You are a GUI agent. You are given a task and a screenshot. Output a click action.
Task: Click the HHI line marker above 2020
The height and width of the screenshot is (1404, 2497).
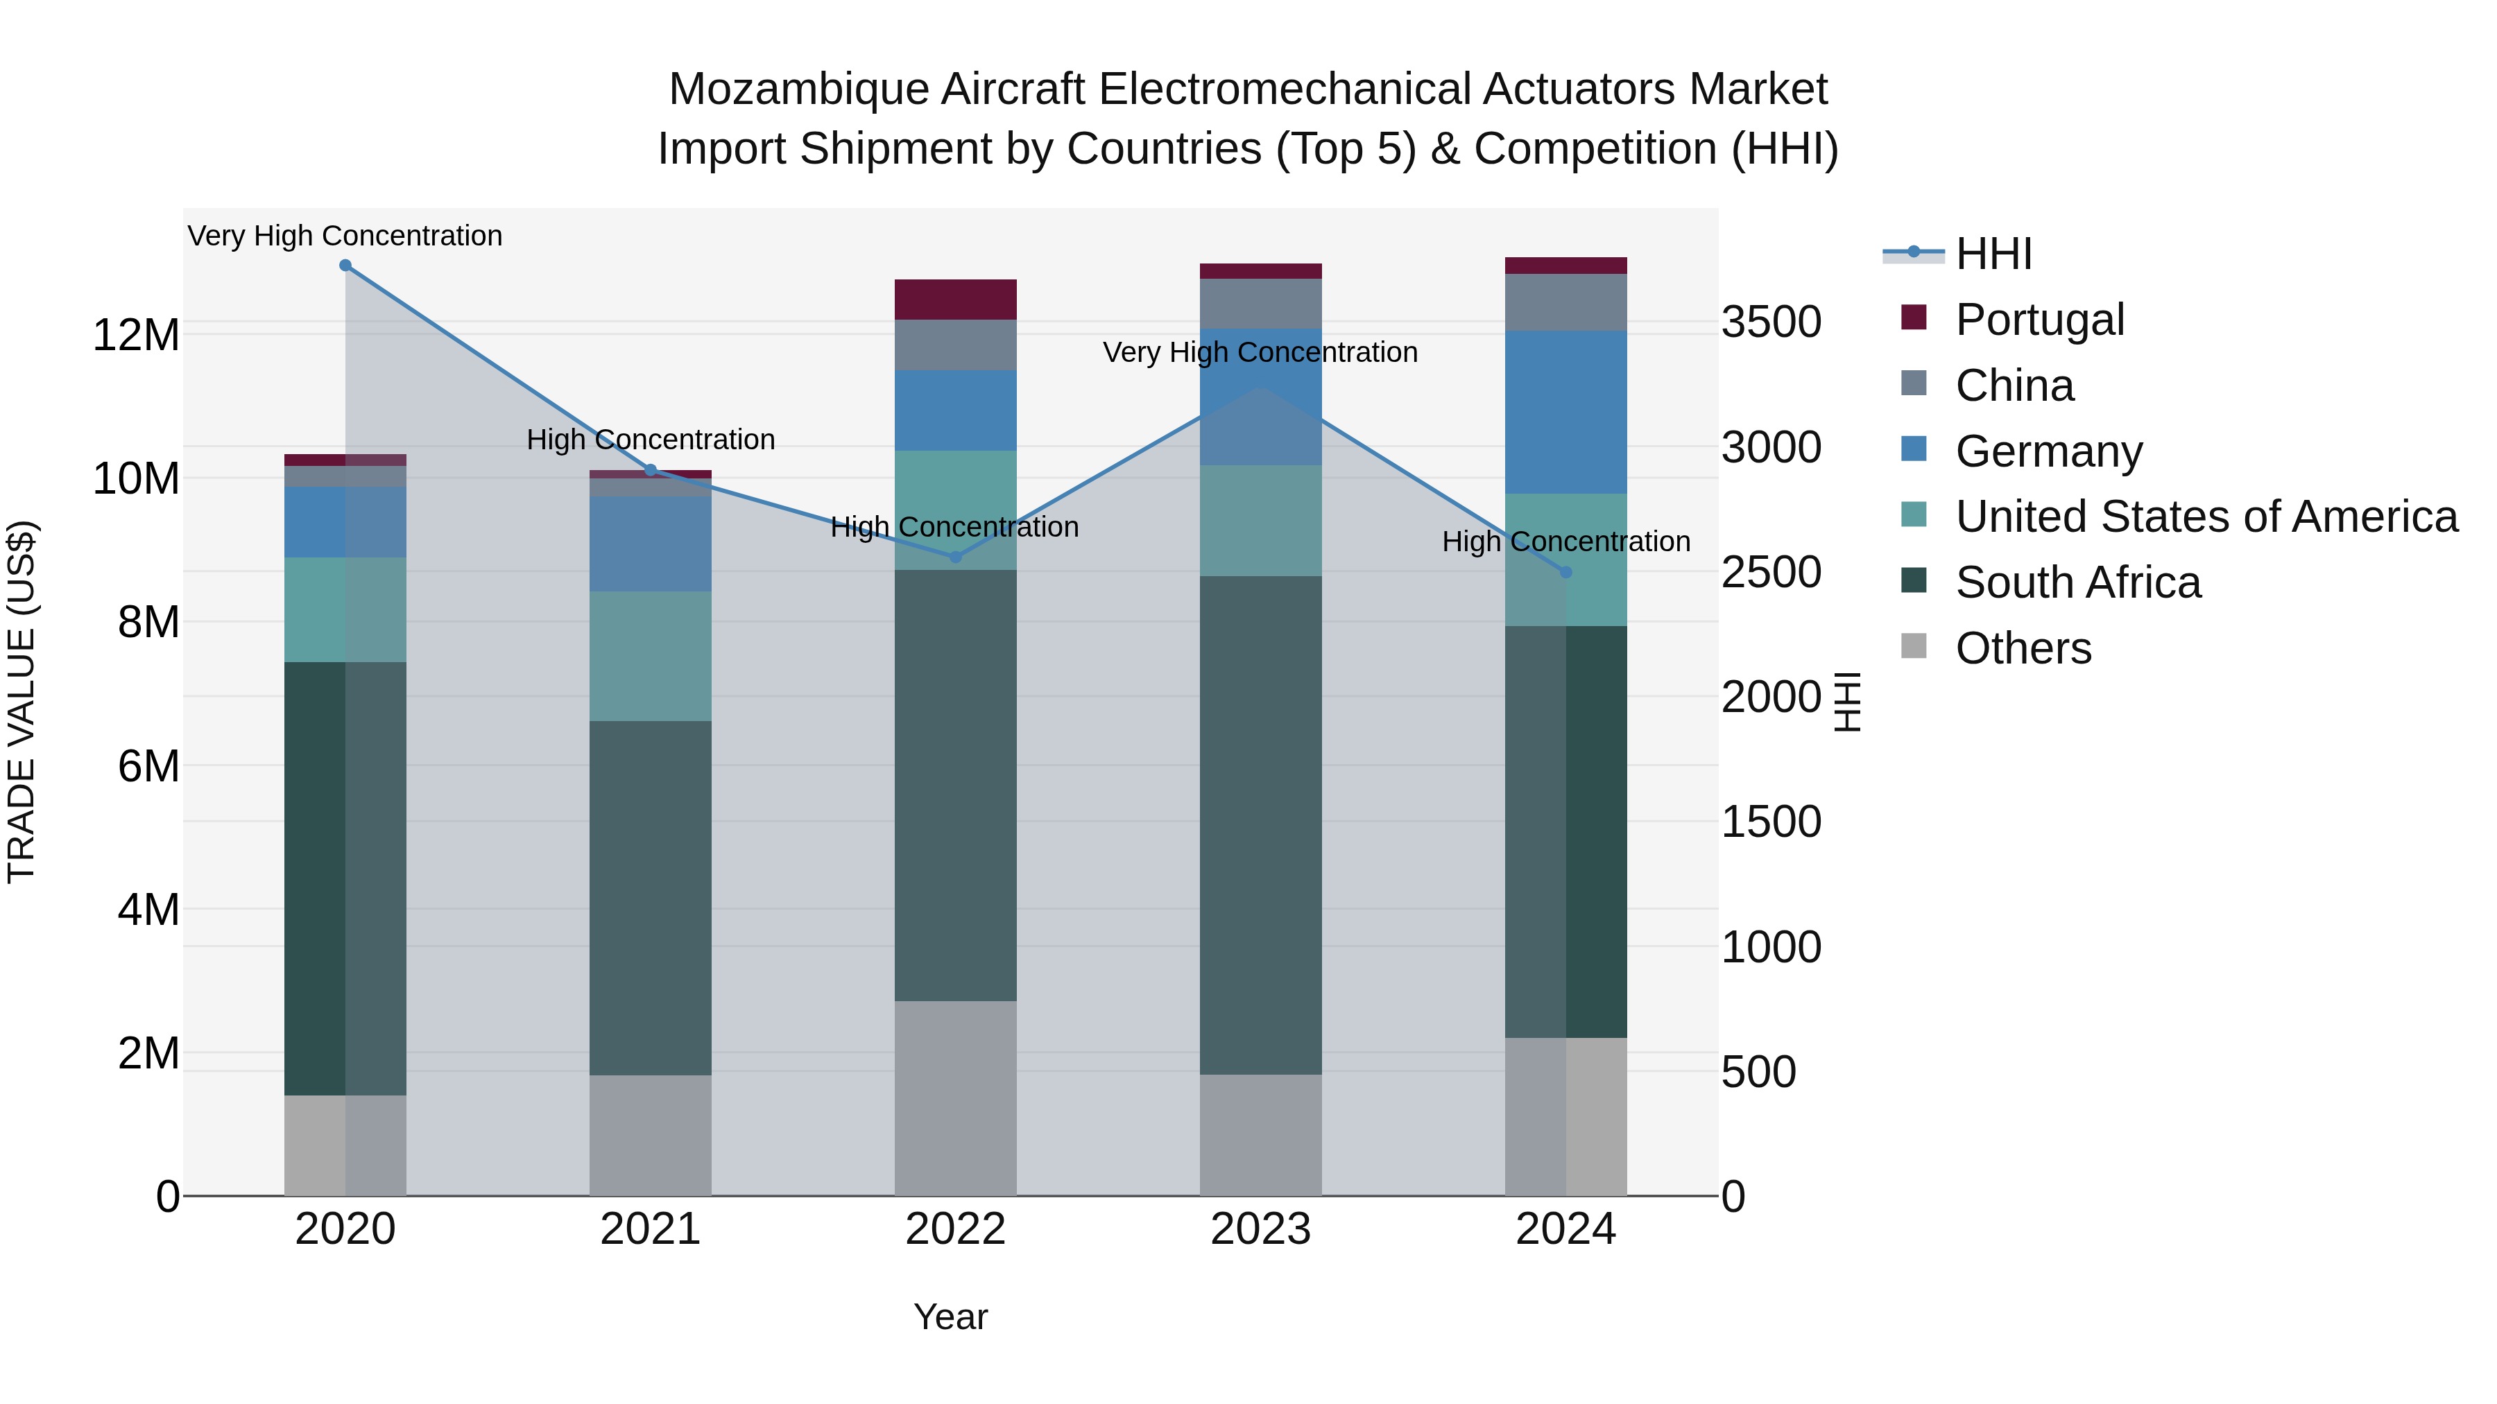345,266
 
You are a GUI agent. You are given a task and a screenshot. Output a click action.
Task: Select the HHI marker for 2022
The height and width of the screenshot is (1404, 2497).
955,557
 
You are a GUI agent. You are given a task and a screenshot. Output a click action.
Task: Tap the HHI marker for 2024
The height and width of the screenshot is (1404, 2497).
1565,573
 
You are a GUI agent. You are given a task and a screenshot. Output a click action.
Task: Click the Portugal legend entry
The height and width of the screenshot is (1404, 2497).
2039,320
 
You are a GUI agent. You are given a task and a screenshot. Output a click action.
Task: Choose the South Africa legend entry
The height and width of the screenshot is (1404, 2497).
2077,582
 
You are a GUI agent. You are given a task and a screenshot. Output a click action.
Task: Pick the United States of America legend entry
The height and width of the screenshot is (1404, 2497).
2205,517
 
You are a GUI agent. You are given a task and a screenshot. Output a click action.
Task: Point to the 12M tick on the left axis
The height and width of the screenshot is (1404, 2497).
136,336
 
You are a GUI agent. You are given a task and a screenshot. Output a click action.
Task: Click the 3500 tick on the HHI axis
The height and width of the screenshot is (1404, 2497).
1771,322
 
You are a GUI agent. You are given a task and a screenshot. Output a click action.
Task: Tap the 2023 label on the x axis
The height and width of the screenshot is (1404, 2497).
1260,1229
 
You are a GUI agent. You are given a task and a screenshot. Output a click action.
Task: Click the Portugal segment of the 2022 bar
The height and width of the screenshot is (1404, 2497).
955,300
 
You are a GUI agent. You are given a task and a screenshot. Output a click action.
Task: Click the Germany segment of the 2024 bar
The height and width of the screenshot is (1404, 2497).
1565,412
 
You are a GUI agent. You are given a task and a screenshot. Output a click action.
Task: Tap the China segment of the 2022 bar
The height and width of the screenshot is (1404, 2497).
955,345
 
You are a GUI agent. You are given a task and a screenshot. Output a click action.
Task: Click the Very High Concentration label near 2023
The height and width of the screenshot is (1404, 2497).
1260,353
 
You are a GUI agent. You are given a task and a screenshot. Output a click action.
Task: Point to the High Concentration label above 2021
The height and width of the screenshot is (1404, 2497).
651,440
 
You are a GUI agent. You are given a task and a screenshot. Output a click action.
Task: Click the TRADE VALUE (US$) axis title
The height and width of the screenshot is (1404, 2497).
22,702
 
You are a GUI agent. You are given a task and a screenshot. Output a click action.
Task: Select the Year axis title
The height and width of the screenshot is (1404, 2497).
950,1317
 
